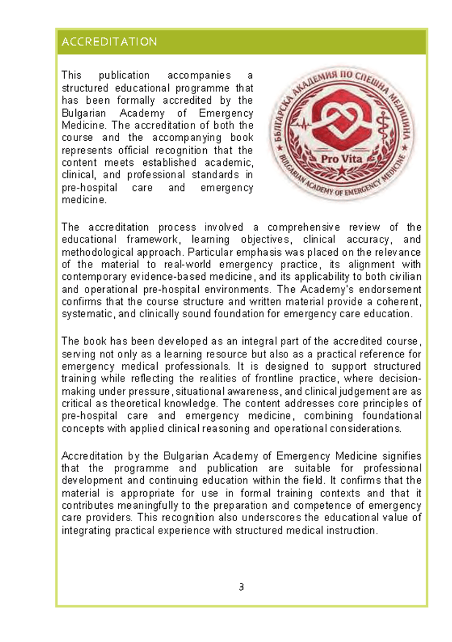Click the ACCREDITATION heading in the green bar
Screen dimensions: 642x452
coord(109,42)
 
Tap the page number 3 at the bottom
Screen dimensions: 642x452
coord(241,587)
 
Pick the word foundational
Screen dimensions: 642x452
coord(391,416)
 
